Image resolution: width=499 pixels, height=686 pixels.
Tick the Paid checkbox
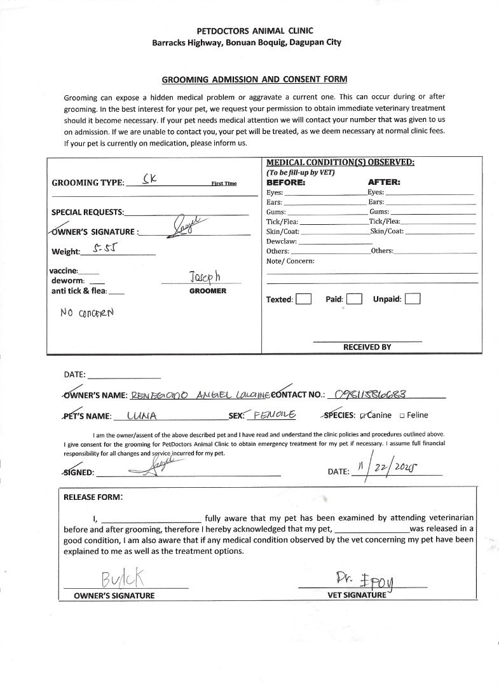[354, 299]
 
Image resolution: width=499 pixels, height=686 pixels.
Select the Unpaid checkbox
[413, 299]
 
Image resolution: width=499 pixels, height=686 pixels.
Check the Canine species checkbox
[363, 415]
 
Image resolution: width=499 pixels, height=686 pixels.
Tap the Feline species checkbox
[402, 415]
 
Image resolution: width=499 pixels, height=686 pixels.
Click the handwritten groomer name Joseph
[204, 277]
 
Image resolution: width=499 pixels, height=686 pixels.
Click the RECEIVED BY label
[367, 347]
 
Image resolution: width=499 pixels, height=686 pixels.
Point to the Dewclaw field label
[281, 241]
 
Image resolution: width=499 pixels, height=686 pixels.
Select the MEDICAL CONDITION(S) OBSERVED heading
[340, 162]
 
